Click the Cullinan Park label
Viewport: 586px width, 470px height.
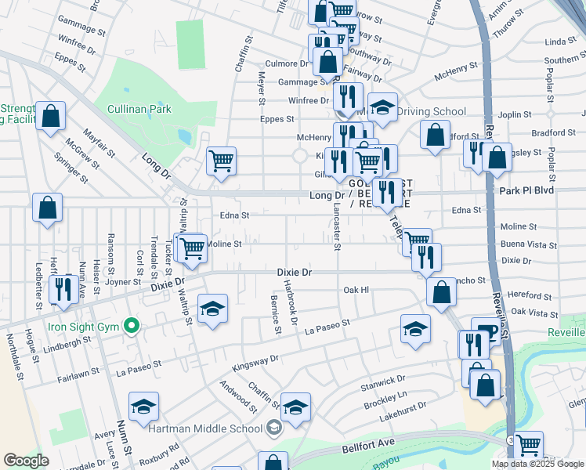pos(139,109)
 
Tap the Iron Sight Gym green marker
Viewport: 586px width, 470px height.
pos(132,324)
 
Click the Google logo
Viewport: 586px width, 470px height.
pos(27,460)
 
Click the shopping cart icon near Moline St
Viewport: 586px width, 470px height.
pos(191,249)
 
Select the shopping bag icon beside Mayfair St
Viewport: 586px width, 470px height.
pos(50,117)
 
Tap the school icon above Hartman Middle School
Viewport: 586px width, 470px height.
pos(295,407)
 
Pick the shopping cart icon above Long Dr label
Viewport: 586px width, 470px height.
pos(222,161)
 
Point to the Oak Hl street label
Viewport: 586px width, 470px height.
pos(356,290)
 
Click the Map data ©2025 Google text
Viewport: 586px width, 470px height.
pos(539,464)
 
